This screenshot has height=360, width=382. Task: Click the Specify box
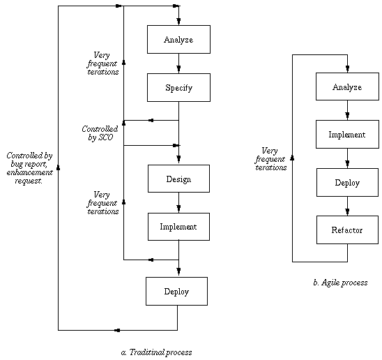pos(178,88)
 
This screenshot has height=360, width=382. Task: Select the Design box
pos(178,179)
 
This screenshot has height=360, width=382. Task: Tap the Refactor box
pos(347,230)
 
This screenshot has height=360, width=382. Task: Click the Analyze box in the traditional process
pos(178,39)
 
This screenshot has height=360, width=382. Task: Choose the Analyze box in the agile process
pos(347,87)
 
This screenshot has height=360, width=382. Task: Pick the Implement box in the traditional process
pos(178,227)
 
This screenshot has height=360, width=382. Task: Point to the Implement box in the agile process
pos(347,134)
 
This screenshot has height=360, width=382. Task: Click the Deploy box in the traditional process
pos(176,291)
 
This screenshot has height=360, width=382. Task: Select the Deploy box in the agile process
pos(347,182)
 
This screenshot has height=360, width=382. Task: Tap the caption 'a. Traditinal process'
pos(156,352)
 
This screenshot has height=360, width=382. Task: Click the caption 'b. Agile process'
pos(340,283)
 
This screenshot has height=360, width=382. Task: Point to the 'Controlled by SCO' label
pos(100,133)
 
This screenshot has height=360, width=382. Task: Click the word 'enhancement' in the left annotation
pos(29,172)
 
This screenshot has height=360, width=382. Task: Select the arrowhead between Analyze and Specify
pos(178,68)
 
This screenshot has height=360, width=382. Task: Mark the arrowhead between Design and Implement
pos(178,208)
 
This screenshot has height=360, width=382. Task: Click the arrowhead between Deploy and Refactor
pos(347,211)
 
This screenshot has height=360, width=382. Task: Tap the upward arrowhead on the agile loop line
pos(292,158)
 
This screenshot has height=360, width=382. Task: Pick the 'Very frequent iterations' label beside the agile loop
pos(270,159)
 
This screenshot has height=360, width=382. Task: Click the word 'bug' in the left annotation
pos(17,164)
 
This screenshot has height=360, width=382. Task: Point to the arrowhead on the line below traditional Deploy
pos(117,331)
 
